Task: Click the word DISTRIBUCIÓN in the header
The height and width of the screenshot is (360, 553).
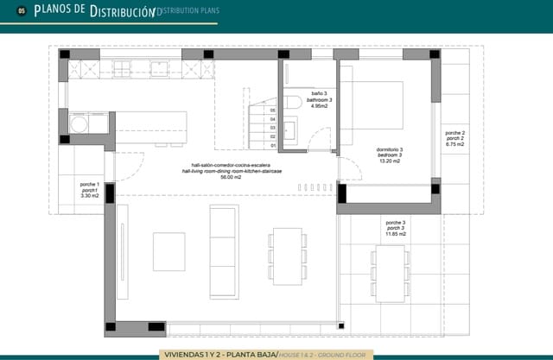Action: pyautogui.click(x=120, y=11)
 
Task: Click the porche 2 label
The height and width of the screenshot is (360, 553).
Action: pyautogui.click(x=454, y=134)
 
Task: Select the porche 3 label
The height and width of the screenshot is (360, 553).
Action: pyautogui.click(x=397, y=223)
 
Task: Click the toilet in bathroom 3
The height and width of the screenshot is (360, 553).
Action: pyautogui.click(x=294, y=102)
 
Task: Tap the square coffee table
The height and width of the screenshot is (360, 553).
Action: pyautogui.click(x=168, y=251)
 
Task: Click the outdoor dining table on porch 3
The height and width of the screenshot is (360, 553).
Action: pyautogui.click(x=390, y=270)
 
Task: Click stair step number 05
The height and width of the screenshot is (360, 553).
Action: pyautogui.click(x=272, y=111)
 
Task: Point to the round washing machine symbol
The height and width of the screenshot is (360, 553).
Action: pyautogui.click(x=79, y=124)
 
